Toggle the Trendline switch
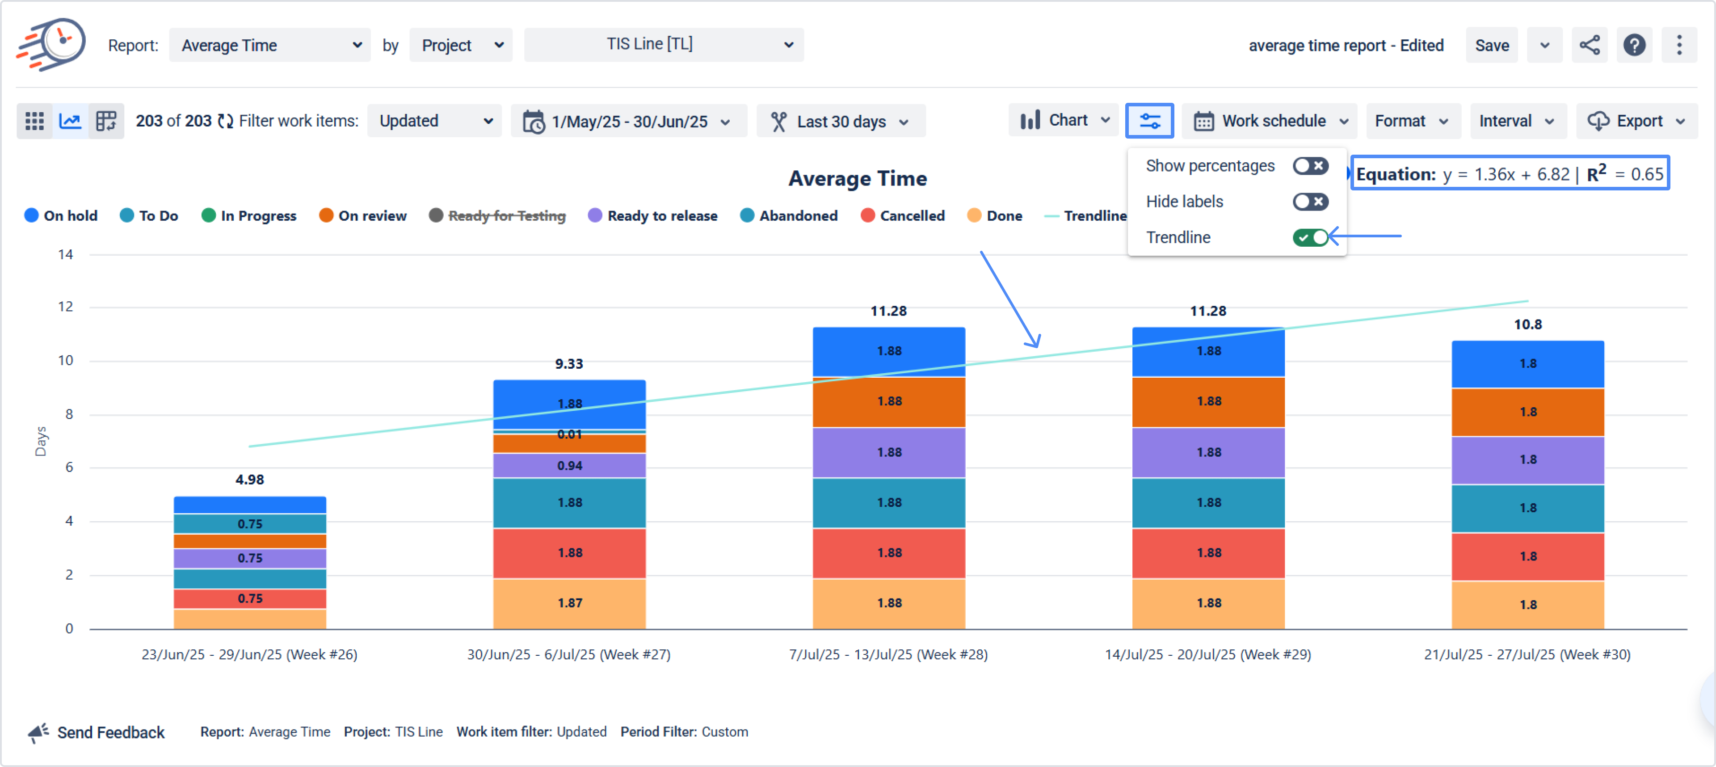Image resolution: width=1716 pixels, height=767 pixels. pyautogui.click(x=1310, y=237)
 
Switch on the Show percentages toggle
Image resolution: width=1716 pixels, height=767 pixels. pyautogui.click(x=1310, y=166)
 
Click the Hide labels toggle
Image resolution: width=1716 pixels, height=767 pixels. pyautogui.click(x=1310, y=201)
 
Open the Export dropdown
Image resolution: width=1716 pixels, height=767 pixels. pyautogui.click(x=1636, y=121)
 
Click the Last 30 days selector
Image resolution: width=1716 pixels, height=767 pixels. pyautogui.click(x=840, y=121)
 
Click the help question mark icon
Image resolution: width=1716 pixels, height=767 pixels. pyautogui.click(x=1634, y=45)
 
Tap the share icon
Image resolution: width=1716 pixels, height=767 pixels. pyautogui.click(x=1590, y=45)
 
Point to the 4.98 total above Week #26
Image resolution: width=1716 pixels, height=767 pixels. pyautogui.click(x=250, y=479)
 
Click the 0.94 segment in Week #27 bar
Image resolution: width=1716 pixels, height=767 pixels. pyautogui.click(x=570, y=466)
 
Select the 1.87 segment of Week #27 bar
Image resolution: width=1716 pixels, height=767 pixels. pyautogui.click(x=570, y=603)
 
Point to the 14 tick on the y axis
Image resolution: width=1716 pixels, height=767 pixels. pyautogui.click(x=65, y=255)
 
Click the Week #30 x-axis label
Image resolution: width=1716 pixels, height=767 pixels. pyautogui.click(x=1527, y=654)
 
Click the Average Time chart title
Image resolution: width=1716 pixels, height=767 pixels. pyautogui.click(x=858, y=179)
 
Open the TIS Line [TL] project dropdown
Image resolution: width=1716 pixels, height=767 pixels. pyautogui.click(x=664, y=45)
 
